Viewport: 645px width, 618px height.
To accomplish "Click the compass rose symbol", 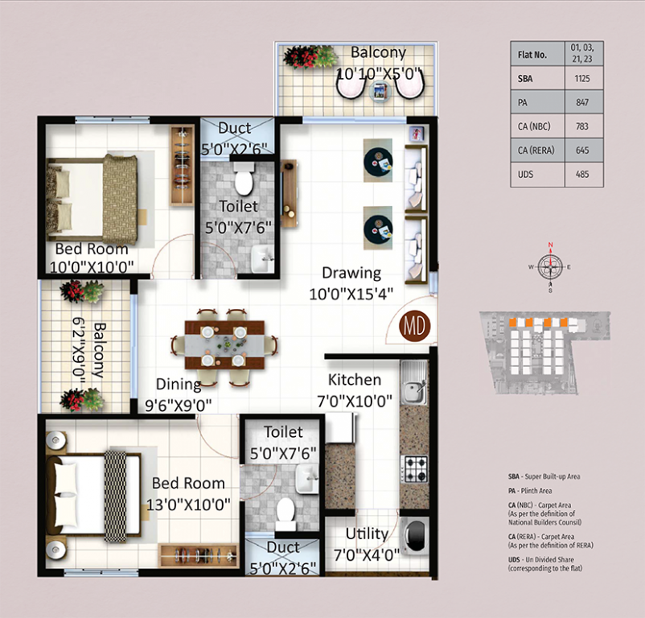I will click(x=551, y=263).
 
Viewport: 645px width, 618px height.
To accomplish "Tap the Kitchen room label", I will click(x=355, y=380).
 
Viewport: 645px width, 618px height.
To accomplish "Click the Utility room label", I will click(x=367, y=534).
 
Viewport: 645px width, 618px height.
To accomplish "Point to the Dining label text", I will click(x=179, y=384).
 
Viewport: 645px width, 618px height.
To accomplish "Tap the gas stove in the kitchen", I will click(x=413, y=468).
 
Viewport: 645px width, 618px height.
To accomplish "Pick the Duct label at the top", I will click(x=234, y=128).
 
